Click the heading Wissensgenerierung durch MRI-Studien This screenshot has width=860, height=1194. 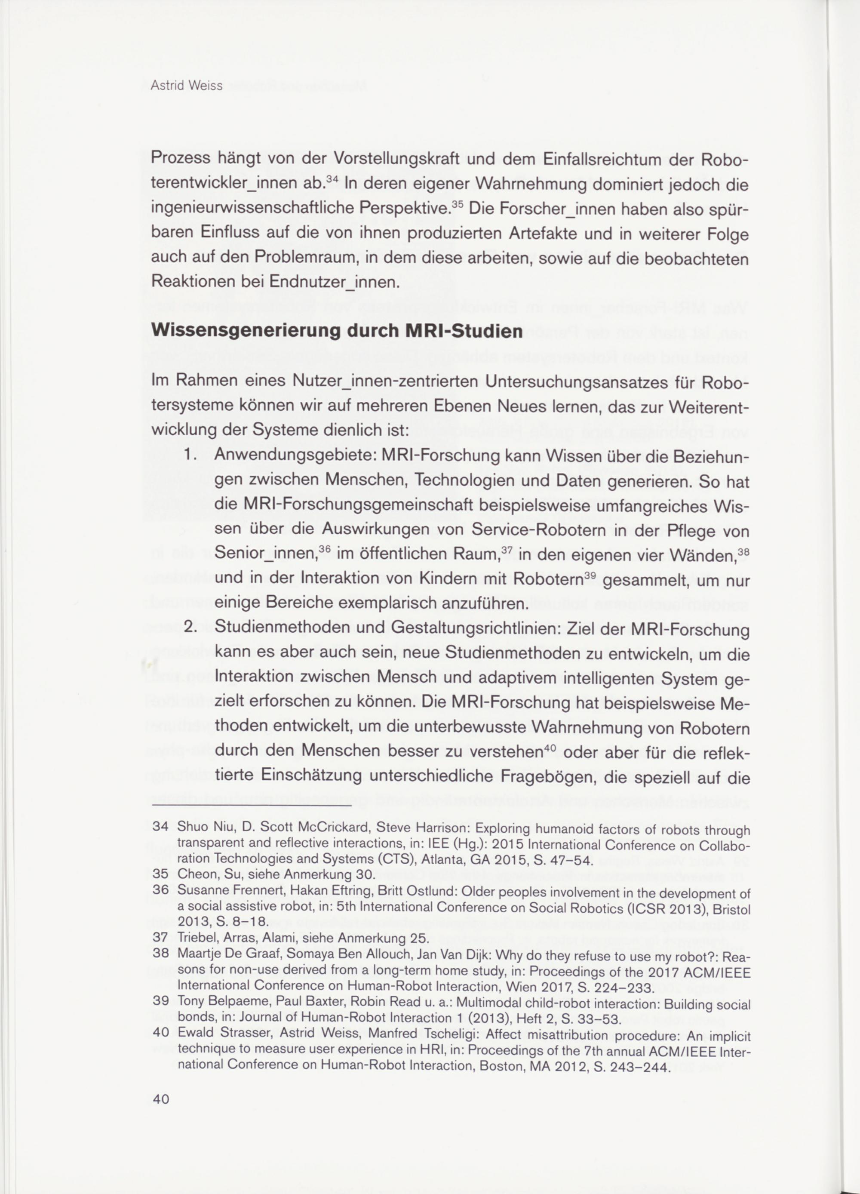[336, 332]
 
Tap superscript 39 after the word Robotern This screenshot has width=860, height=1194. [590, 575]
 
